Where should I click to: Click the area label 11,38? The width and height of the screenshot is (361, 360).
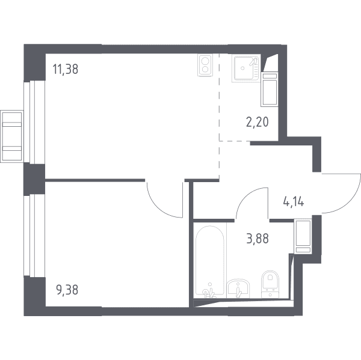pos(66,69)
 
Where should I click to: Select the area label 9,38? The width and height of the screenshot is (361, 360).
pos(67,290)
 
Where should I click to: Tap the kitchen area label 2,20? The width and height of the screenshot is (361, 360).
pos(258,122)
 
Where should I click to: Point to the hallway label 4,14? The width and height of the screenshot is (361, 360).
pos(294,202)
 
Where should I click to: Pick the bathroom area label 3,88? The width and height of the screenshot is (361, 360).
pos(258,239)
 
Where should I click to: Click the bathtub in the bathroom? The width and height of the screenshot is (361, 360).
pos(209,261)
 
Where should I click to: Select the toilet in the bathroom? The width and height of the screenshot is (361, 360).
pos(270,284)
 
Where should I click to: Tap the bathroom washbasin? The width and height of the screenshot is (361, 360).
pos(238,288)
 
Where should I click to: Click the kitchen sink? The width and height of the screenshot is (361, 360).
pos(246,69)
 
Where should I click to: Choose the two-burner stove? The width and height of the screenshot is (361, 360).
pos(205,65)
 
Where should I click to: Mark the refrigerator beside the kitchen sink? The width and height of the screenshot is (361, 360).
pos(270,90)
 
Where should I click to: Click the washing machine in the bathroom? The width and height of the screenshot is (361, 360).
pos(303,236)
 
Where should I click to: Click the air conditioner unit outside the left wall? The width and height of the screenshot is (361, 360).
pos(12,136)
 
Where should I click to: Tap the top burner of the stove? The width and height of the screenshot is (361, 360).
pos(205,61)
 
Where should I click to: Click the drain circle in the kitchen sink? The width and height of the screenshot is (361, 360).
pos(242,68)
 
